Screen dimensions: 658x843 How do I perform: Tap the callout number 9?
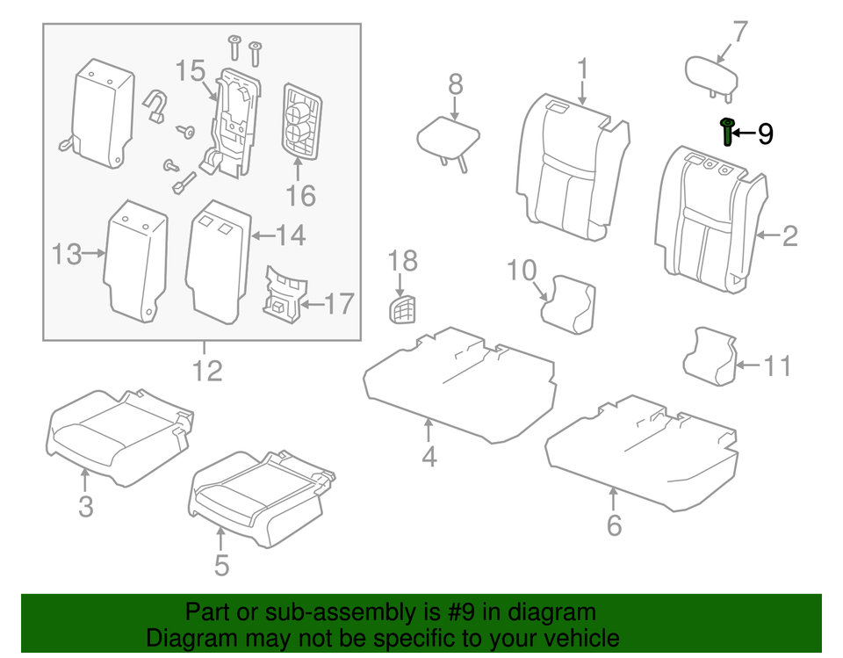[765, 134]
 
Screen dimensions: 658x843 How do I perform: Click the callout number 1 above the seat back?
[582, 69]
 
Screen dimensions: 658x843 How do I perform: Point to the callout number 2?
[789, 235]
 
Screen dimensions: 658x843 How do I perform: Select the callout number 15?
[190, 71]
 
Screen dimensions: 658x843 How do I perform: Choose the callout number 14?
[291, 235]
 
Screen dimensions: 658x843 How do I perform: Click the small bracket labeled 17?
[285, 293]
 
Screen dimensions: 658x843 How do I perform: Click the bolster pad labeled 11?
[710, 355]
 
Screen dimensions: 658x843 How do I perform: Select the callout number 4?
[429, 458]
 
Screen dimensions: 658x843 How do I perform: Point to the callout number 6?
[614, 525]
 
